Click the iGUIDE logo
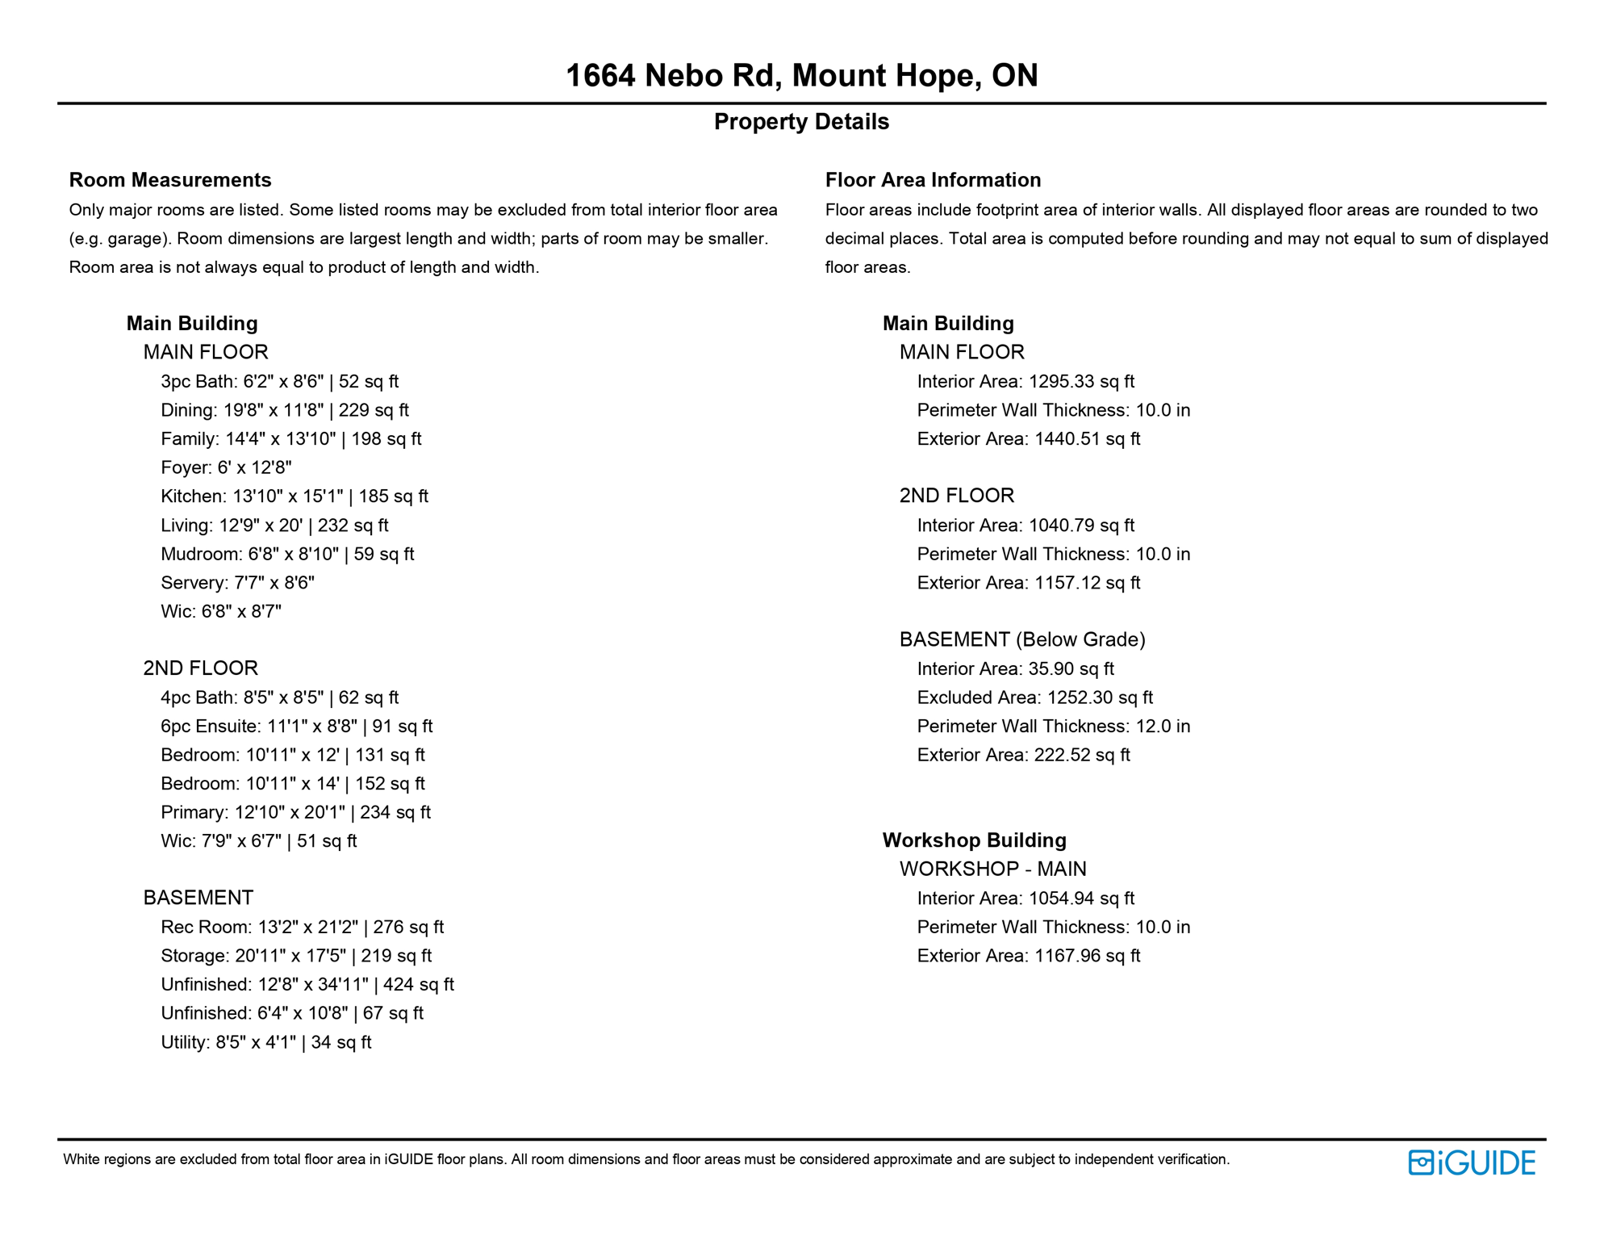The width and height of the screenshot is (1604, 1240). pos(1472,1162)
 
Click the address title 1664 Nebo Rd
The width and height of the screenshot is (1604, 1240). pos(801,76)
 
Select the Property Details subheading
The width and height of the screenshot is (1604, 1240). pos(801,122)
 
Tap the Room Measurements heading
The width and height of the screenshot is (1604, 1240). pos(170,180)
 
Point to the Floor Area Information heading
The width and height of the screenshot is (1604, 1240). pos(933,180)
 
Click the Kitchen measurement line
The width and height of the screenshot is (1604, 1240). pos(294,496)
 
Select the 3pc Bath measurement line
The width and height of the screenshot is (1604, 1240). pos(279,382)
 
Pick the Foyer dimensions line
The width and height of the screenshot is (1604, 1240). pos(226,467)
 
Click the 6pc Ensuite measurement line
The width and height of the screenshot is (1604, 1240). pos(296,727)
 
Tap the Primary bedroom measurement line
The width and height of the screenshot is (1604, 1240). pos(295,812)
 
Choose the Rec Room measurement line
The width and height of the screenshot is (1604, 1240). pos(302,928)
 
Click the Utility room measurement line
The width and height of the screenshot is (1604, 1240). pos(265,1042)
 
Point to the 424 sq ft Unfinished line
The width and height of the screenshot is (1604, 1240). pos(307,985)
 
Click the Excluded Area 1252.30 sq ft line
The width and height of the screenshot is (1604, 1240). pos(1034,697)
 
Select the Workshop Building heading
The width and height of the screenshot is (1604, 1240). pos(974,840)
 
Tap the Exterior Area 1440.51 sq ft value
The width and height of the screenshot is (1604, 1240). pos(1029,439)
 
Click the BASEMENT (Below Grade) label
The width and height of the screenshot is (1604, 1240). pos(1022,639)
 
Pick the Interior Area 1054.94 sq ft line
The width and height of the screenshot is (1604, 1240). pos(1025,899)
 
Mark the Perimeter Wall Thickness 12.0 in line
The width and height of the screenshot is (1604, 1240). pos(1053,727)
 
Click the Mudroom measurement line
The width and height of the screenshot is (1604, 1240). pos(287,555)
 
